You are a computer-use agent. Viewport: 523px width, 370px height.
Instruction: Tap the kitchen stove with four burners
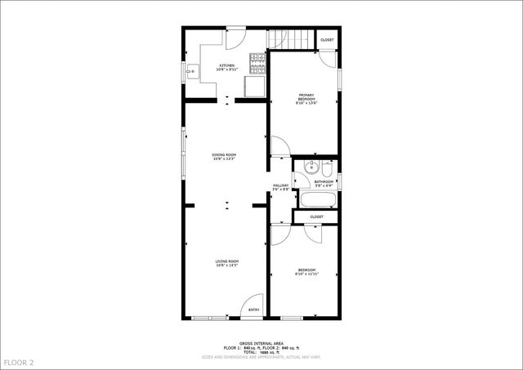tap(257, 60)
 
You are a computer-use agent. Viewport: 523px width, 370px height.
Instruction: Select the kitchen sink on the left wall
tap(193, 71)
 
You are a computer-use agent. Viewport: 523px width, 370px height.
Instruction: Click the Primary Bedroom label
tap(306, 98)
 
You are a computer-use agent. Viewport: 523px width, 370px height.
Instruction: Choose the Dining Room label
tap(224, 156)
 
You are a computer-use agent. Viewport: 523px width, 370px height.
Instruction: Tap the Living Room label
tap(226, 263)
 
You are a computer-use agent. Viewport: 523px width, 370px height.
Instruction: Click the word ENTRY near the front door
tap(254, 310)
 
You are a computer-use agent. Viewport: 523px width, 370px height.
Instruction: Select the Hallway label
tap(280, 188)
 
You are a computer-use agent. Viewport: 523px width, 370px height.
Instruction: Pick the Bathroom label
tap(324, 184)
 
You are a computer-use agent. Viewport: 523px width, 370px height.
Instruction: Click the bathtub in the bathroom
tap(311, 199)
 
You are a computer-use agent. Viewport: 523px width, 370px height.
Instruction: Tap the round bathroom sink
tap(308, 170)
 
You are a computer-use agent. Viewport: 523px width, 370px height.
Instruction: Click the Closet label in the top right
tap(327, 40)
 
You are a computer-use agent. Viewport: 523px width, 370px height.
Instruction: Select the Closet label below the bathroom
tap(317, 216)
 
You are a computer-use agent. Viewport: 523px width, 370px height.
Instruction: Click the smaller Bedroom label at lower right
tap(306, 271)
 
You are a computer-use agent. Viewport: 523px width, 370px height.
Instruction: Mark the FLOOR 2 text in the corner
tap(19, 362)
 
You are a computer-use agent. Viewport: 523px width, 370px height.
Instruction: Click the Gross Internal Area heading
tap(261, 343)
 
